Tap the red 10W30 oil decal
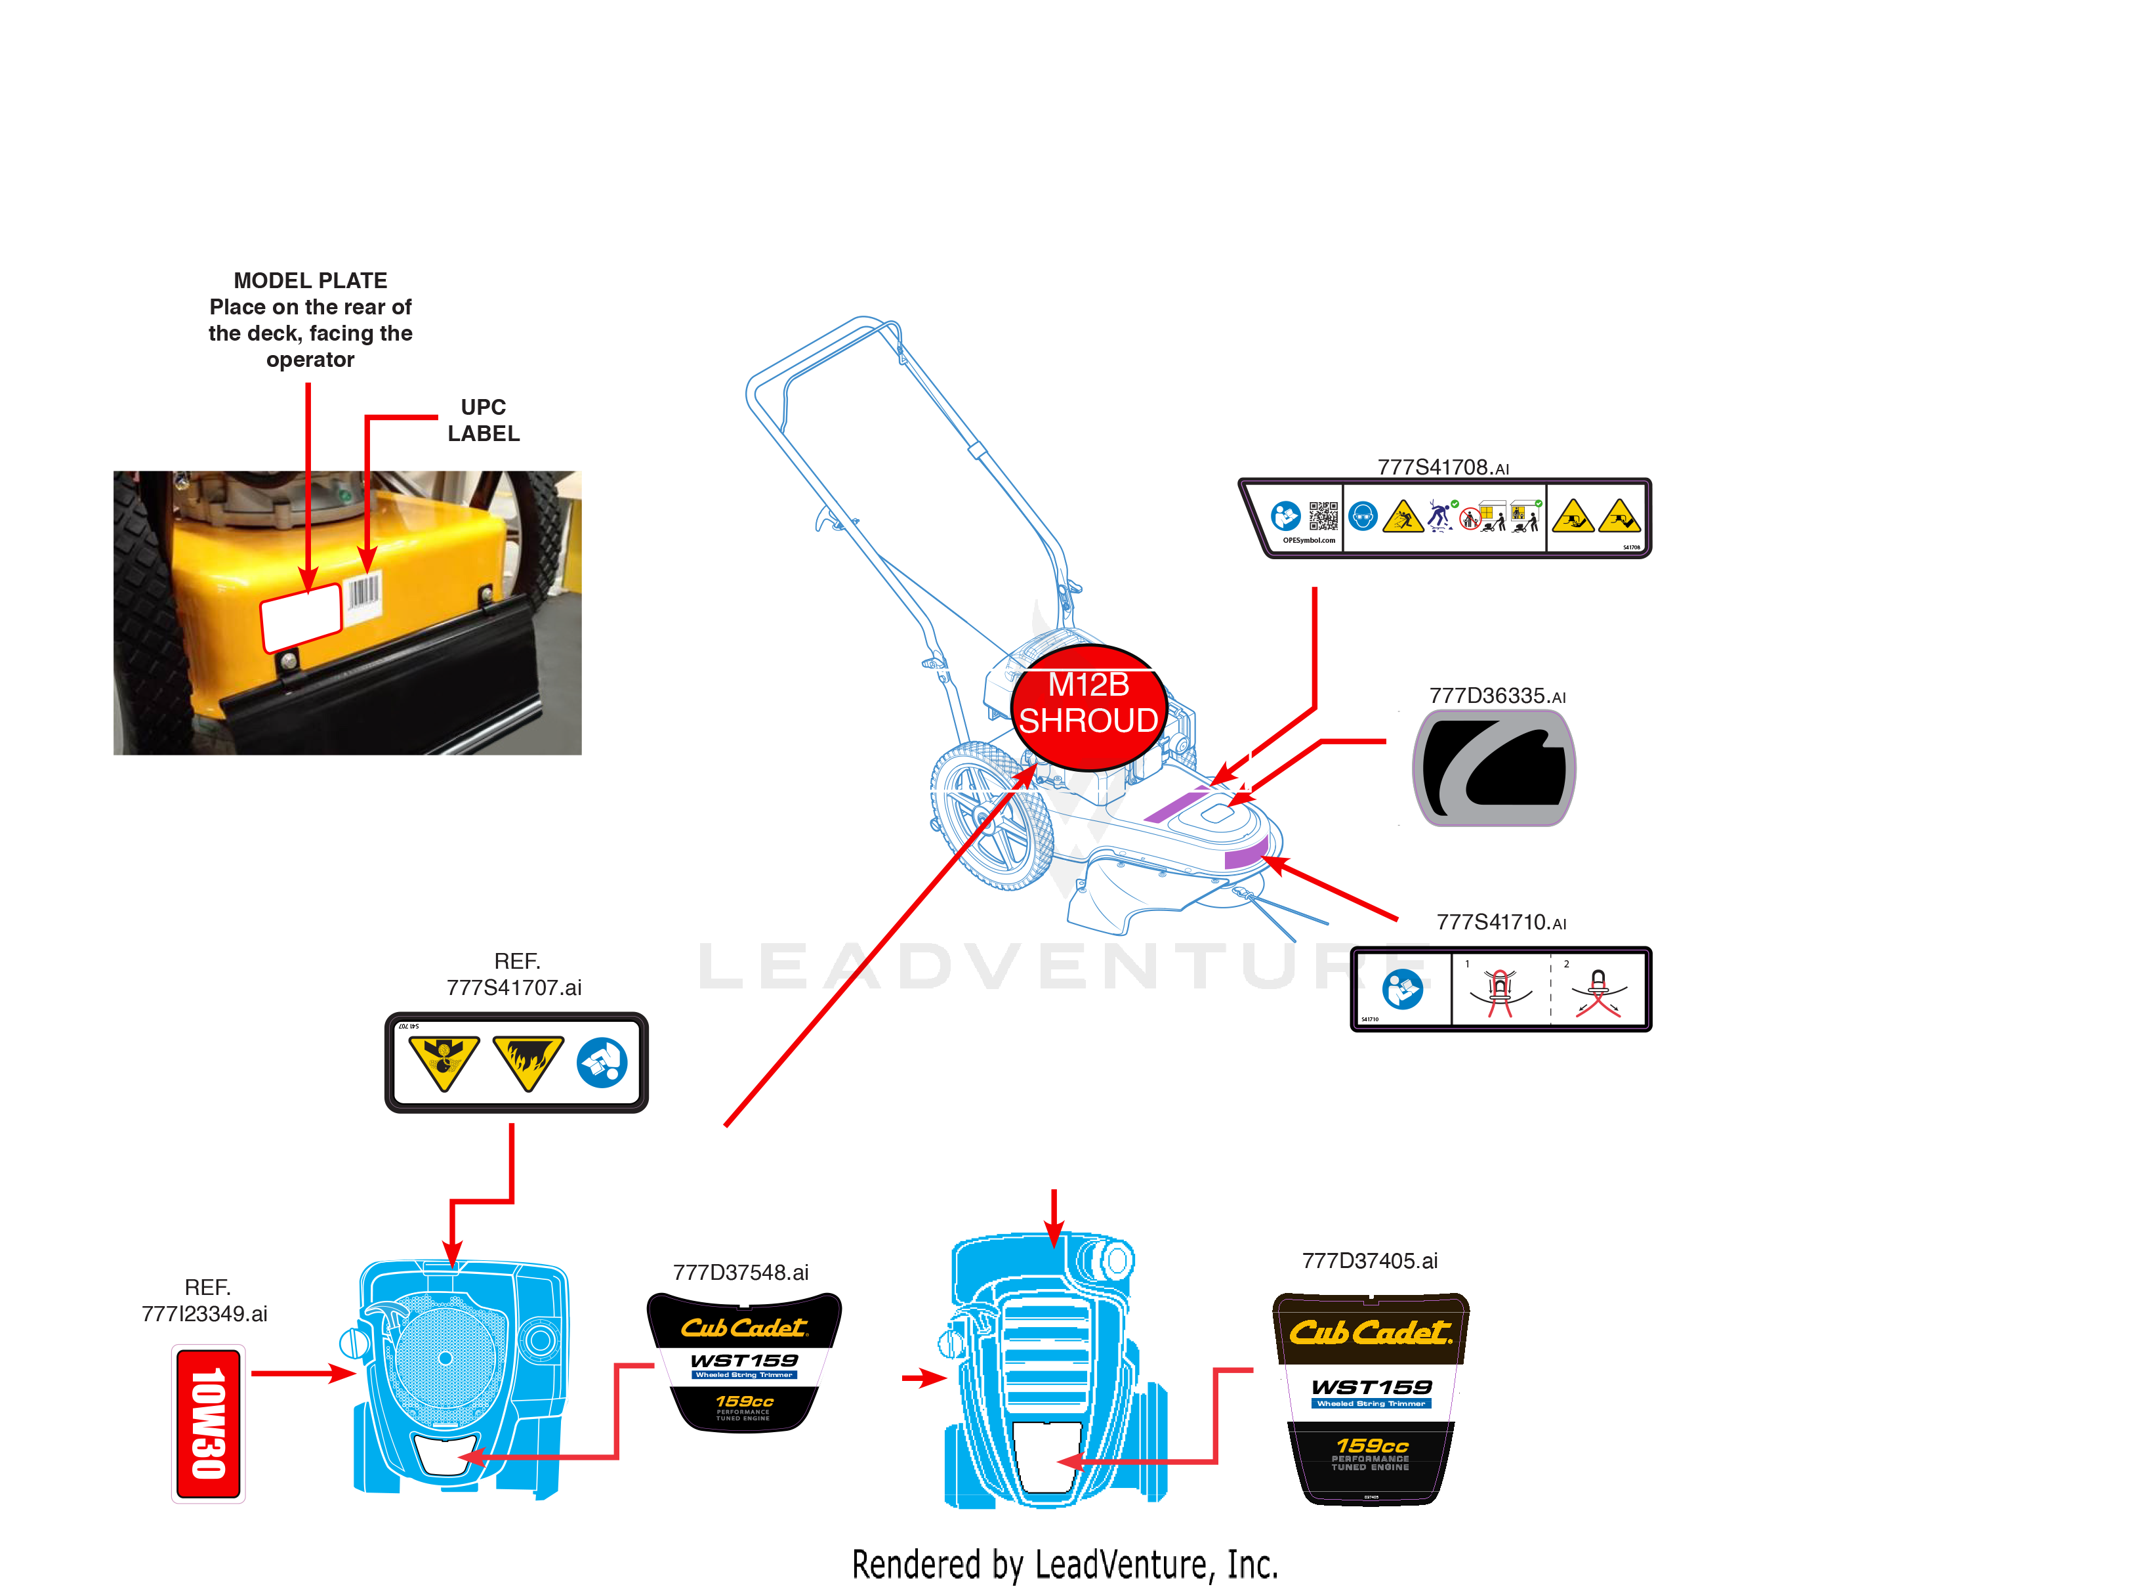[x=208, y=1424]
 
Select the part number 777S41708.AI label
[x=1443, y=467]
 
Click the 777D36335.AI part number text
[x=1497, y=696]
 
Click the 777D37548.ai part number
[x=741, y=1273]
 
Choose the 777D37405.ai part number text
[x=1369, y=1261]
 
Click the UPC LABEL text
[x=483, y=420]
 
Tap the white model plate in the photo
[x=301, y=616]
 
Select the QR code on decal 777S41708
[x=1323, y=516]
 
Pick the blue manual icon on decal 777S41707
[x=602, y=1063]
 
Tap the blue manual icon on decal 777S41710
[x=1402, y=989]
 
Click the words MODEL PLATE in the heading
[x=310, y=281]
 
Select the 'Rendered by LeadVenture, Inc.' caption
[x=1065, y=1564]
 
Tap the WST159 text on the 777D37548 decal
[x=744, y=1360]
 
